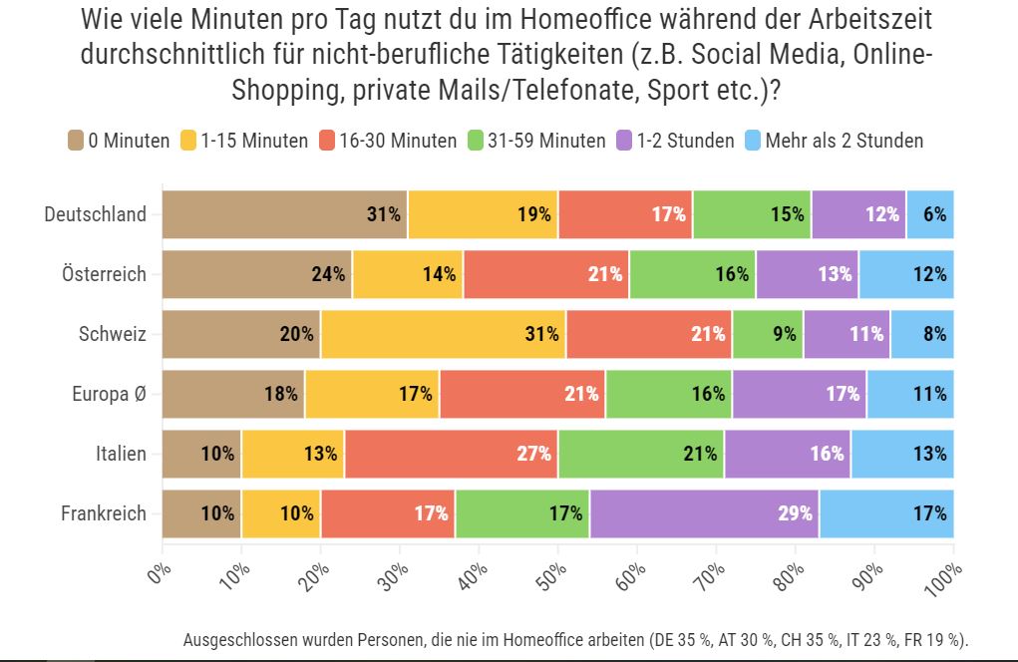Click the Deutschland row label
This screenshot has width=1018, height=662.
95,214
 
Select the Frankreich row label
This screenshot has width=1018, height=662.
104,513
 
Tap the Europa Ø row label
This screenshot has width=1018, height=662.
109,394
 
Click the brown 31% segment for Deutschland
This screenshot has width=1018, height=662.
285,214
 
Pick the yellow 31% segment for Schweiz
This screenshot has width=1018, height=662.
444,334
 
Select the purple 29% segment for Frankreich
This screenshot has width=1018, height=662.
704,513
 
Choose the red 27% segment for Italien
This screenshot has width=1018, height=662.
452,454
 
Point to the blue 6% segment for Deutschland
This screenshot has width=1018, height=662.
930,214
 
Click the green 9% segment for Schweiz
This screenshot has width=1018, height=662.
768,334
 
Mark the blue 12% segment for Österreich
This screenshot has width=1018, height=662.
906,274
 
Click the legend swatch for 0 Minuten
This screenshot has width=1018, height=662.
76,141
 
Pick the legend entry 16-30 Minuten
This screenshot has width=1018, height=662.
398,141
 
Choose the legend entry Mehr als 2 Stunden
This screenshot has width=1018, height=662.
844,141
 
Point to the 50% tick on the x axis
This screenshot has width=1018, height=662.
558,543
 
